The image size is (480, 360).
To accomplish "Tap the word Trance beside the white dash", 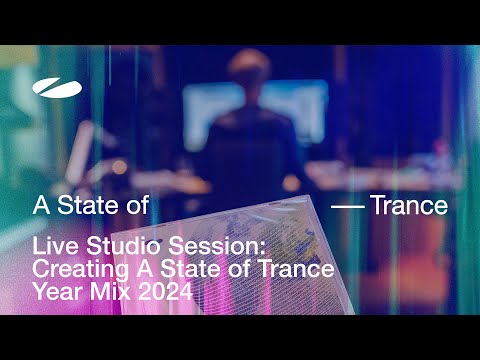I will [x=409, y=206].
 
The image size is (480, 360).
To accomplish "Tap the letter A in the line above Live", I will [x=41, y=206].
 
